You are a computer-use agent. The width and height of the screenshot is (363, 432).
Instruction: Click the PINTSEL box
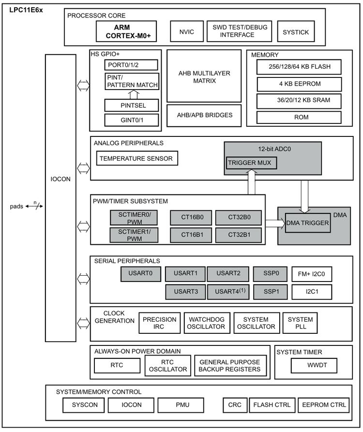click(x=132, y=105)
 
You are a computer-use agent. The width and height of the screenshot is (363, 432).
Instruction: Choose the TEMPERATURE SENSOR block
click(x=136, y=158)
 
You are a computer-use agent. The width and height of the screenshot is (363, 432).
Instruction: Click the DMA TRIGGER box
click(x=308, y=223)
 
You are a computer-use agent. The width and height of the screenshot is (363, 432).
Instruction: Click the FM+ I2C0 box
click(x=312, y=274)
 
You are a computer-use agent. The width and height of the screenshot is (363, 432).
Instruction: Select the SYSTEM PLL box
click(x=300, y=323)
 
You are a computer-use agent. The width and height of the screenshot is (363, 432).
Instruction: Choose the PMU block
click(x=183, y=404)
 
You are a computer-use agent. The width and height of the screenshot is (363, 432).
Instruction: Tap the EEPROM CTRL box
click(x=324, y=404)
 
